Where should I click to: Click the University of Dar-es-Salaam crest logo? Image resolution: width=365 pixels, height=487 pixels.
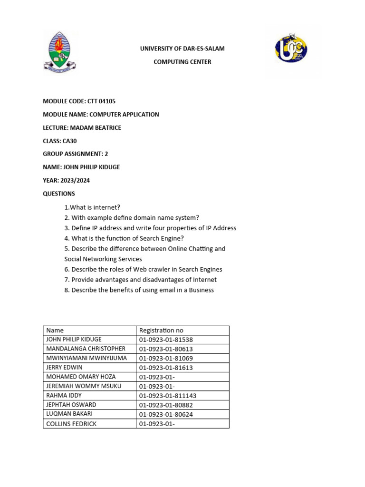coord(59,52)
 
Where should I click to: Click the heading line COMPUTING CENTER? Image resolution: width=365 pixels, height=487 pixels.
coord(182,62)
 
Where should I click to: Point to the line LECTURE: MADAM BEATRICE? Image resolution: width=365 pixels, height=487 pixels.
coord(82,127)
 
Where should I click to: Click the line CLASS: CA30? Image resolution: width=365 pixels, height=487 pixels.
coord(59,141)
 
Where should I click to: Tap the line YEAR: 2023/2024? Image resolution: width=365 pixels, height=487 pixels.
coord(66,180)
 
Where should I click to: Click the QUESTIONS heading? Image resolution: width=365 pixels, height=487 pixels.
coord(59,194)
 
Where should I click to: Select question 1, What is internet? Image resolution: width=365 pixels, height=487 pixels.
coord(92,207)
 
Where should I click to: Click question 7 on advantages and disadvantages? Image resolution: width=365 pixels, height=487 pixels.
coord(140,280)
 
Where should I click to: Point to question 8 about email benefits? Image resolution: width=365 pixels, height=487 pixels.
coord(139,290)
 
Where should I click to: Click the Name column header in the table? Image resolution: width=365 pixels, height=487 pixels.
coord(55,330)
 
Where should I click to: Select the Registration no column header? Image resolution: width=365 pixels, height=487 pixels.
coord(161,330)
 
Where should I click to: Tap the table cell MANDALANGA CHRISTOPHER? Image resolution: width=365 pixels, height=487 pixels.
coord(86,349)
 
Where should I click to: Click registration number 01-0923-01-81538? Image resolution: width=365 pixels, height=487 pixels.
coord(166,340)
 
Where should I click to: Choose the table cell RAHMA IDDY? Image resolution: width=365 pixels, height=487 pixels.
coord(64,395)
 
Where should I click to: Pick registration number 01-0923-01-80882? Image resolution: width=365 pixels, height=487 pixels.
coord(166,405)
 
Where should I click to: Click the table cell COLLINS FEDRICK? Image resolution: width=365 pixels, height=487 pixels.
coord(71,423)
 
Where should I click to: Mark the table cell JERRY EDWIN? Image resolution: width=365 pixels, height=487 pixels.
coord(64,367)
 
